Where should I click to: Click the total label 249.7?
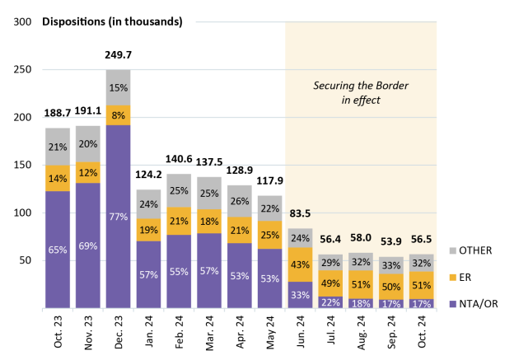tap(118, 54)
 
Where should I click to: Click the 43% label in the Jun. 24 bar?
tap(299, 264)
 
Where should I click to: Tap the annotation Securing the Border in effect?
tap(360, 92)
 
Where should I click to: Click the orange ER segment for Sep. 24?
tap(390, 285)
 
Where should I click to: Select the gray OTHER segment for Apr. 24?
tap(239, 201)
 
